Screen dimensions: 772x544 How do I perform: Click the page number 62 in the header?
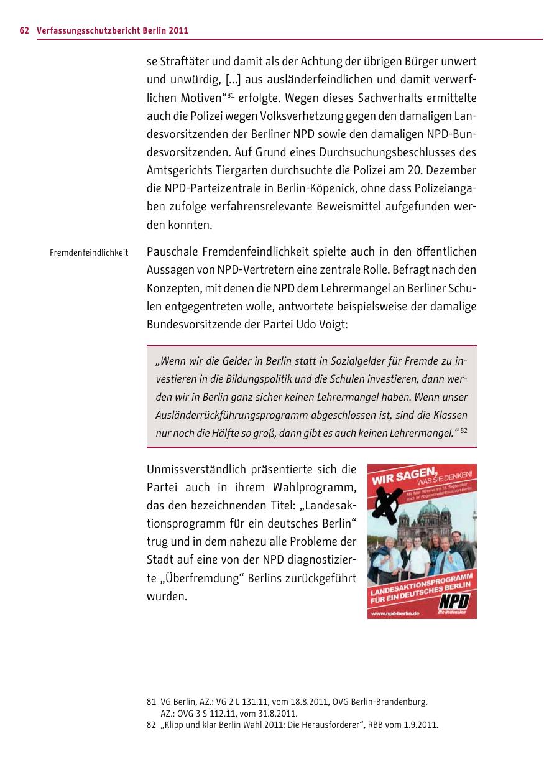(x=24, y=30)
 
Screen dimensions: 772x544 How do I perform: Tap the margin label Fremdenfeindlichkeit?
(x=89, y=253)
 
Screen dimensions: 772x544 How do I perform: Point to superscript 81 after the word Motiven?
(x=229, y=95)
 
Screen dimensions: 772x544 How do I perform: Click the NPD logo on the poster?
(x=454, y=601)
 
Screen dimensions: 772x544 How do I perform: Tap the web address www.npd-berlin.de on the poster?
(x=395, y=613)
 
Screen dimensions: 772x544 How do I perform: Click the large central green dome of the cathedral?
(x=430, y=513)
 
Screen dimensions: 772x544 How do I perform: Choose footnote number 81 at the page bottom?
(x=150, y=702)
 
